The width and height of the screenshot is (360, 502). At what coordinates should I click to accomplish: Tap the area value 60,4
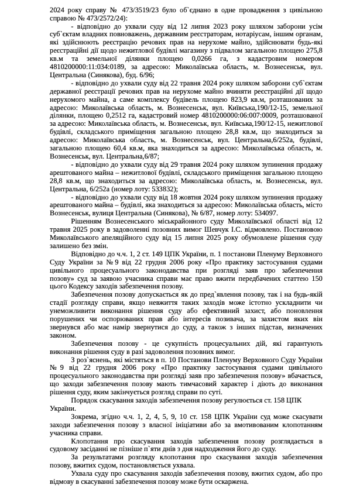tap(118, 149)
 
